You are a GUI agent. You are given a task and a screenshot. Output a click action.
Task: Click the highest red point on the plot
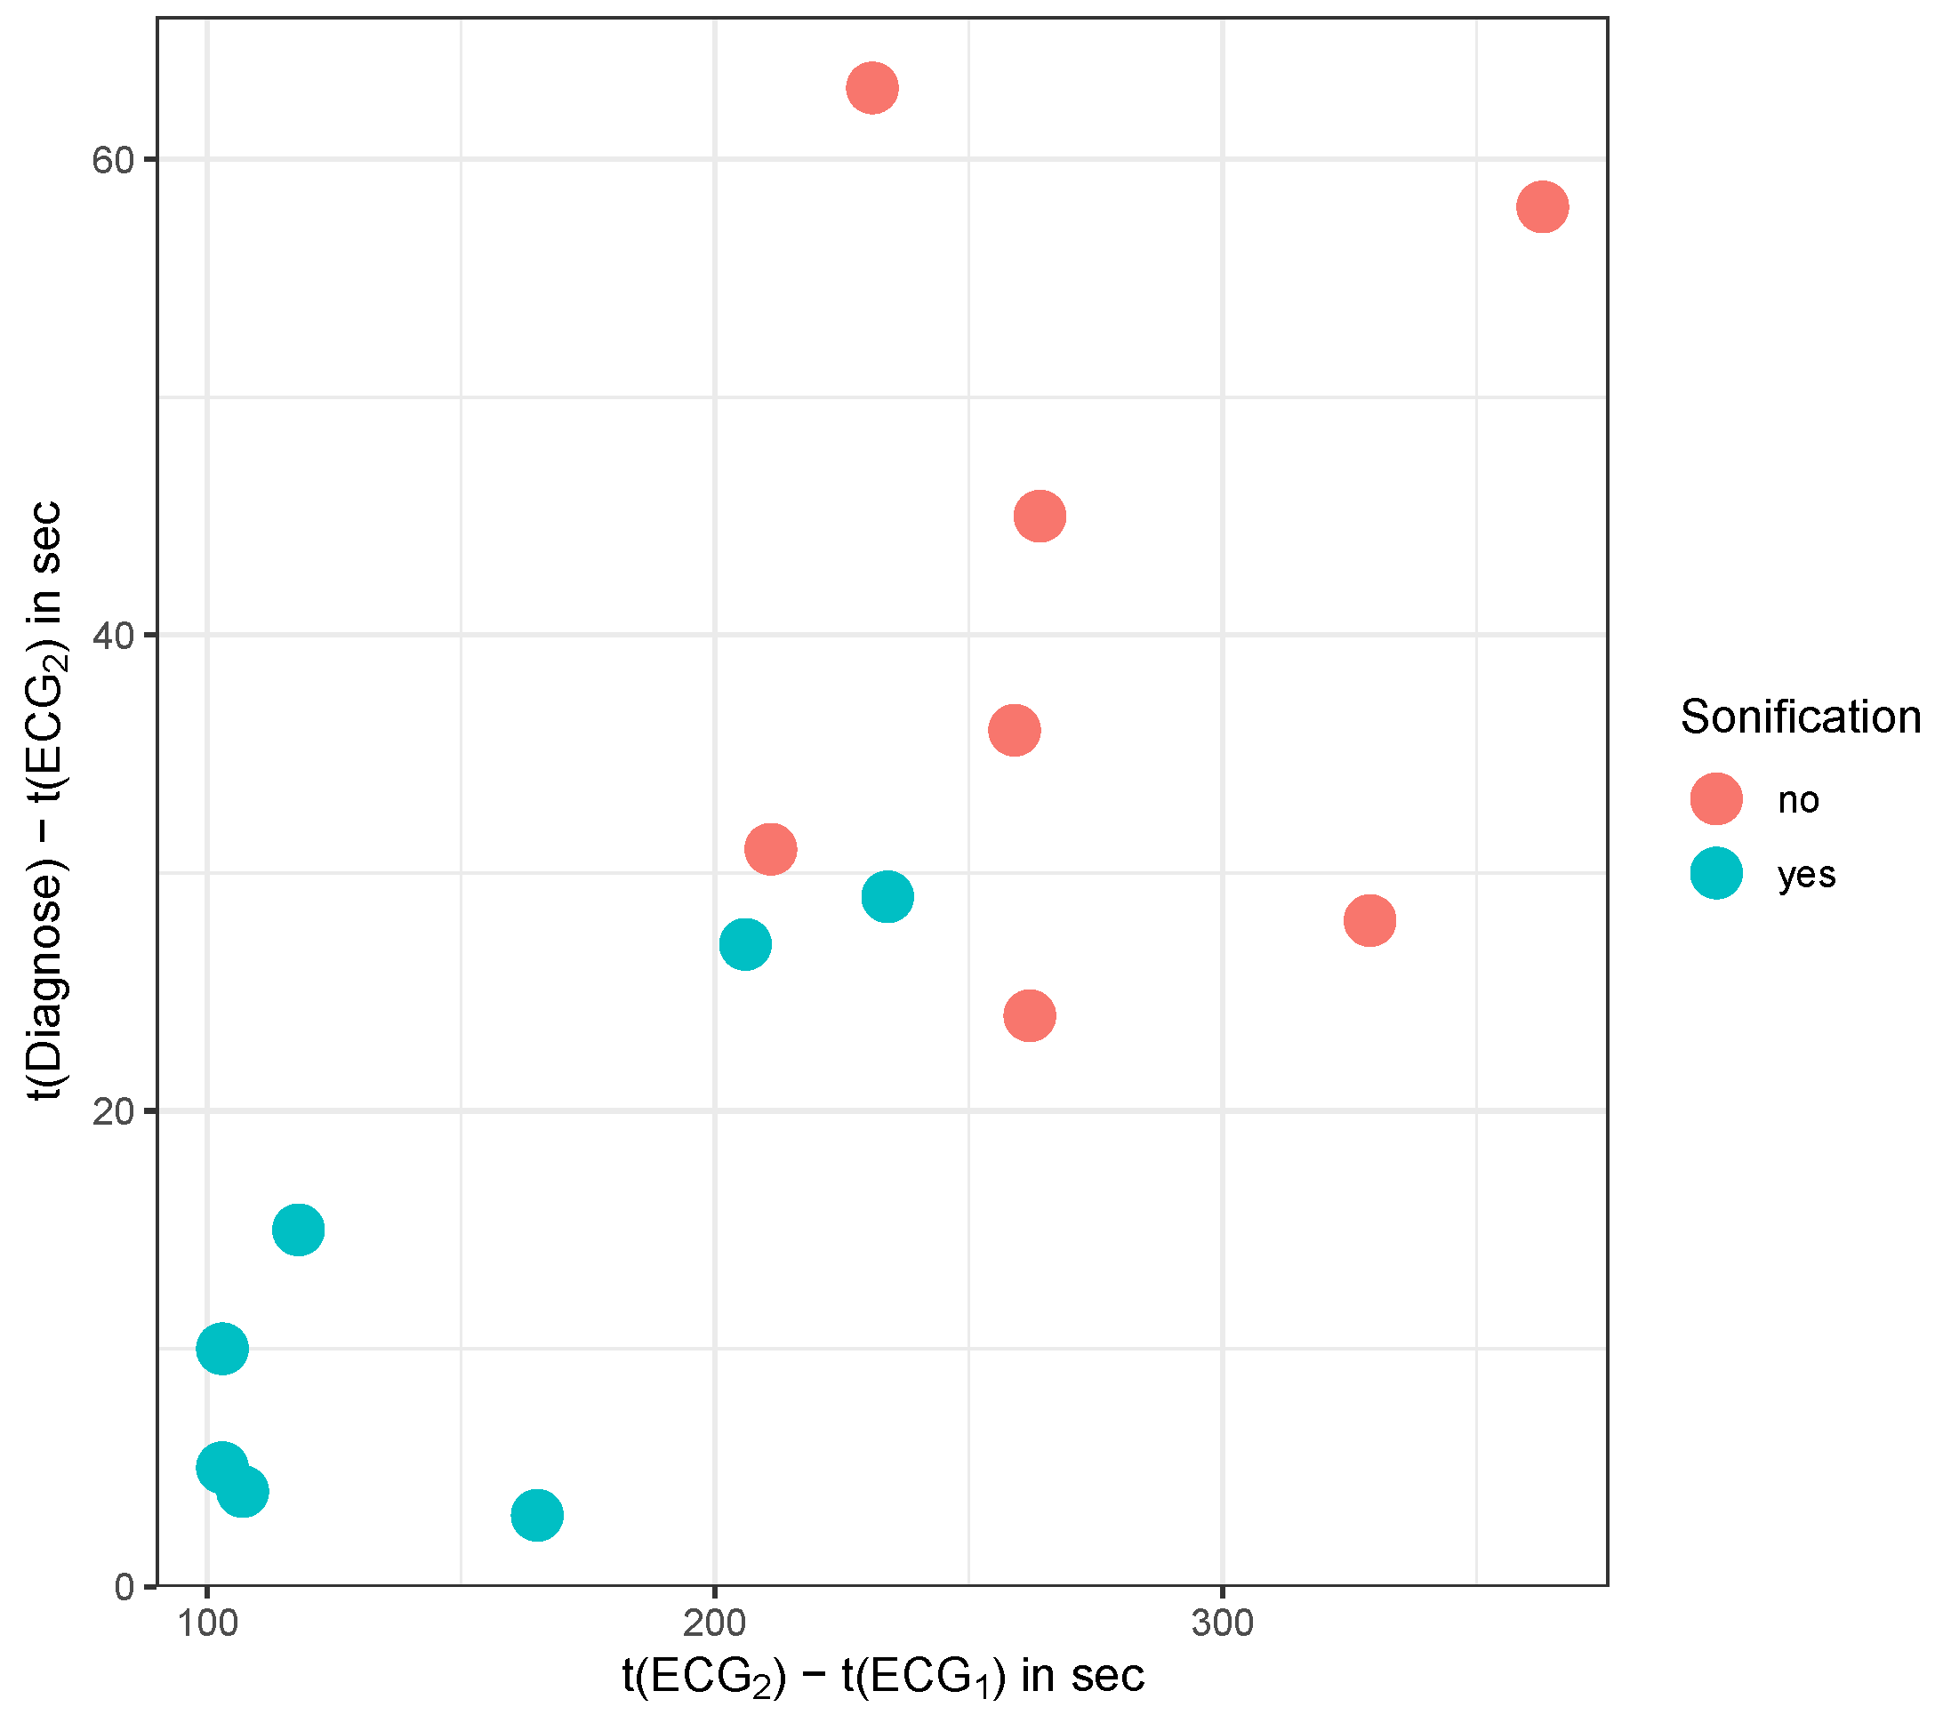click(871, 88)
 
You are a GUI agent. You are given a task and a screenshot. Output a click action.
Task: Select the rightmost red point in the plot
click(1542, 206)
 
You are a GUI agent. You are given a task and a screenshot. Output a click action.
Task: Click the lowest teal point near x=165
click(537, 1515)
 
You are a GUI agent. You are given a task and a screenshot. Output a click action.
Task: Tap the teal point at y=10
click(222, 1348)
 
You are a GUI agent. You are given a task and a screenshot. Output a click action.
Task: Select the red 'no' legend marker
click(1716, 799)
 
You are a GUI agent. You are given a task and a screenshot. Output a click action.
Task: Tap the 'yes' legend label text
click(1806, 874)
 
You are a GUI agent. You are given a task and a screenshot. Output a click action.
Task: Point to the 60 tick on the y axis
click(112, 160)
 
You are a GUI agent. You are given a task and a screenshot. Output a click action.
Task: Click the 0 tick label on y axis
click(124, 1588)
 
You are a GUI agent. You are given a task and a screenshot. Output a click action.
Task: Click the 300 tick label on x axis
click(1222, 1624)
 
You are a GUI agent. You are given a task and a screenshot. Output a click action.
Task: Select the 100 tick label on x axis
click(206, 1624)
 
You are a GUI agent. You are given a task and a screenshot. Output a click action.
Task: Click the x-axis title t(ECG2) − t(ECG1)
click(882, 1677)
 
